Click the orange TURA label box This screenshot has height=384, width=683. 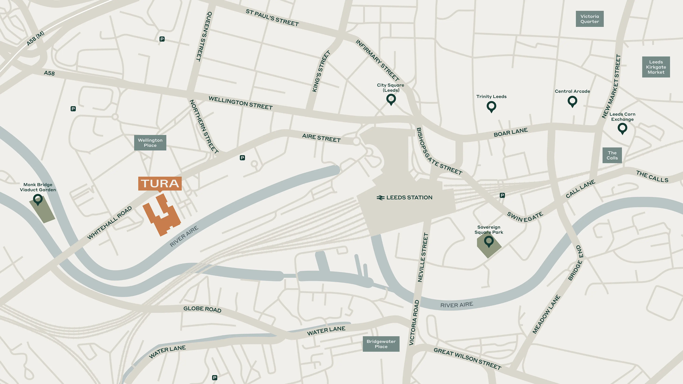coord(160,183)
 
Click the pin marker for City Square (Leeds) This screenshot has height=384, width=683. coord(391,99)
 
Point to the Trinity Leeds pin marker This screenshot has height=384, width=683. coord(491,106)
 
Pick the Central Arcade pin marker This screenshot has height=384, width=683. coord(572,101)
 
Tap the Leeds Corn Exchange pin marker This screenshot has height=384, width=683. coord(622,128)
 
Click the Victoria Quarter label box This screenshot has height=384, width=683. coord(589,19)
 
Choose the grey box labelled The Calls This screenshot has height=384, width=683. coord(612,155)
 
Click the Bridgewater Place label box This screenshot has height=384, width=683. coord(381,344)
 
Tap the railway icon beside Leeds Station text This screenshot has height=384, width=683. coord(380,198)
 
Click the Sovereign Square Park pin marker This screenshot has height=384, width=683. coord(489,241)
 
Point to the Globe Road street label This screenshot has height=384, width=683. coord(202,309)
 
